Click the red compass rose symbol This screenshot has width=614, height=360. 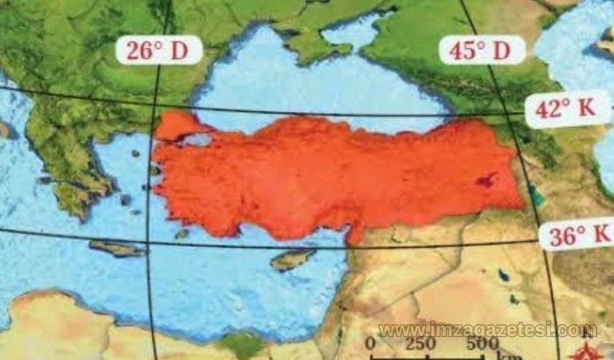[x=590, y=348]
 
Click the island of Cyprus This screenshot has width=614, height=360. [x=293, y=259]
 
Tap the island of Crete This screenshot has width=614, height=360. [x=118, y=249]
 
